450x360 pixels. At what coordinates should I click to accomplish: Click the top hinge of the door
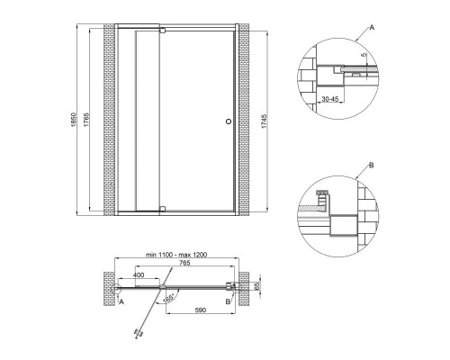click(162, 31)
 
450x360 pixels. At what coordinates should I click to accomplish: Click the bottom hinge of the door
click(162, 208)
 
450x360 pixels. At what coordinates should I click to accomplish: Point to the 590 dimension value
click(204, 309)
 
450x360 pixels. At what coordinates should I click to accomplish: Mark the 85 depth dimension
click(257, 288)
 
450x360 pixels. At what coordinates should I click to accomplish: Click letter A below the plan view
click(121, 303)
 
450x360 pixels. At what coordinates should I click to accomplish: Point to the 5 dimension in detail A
click(364, 56)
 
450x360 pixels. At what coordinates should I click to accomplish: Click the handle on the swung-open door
click(138, 334)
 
